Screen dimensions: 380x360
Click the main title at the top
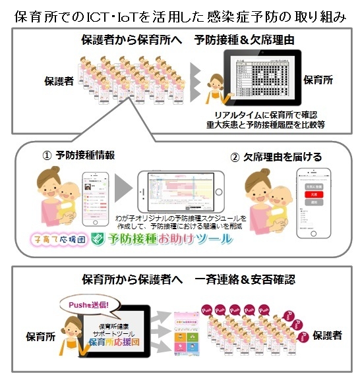point(180,15)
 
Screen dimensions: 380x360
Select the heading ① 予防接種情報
point(79,156)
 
